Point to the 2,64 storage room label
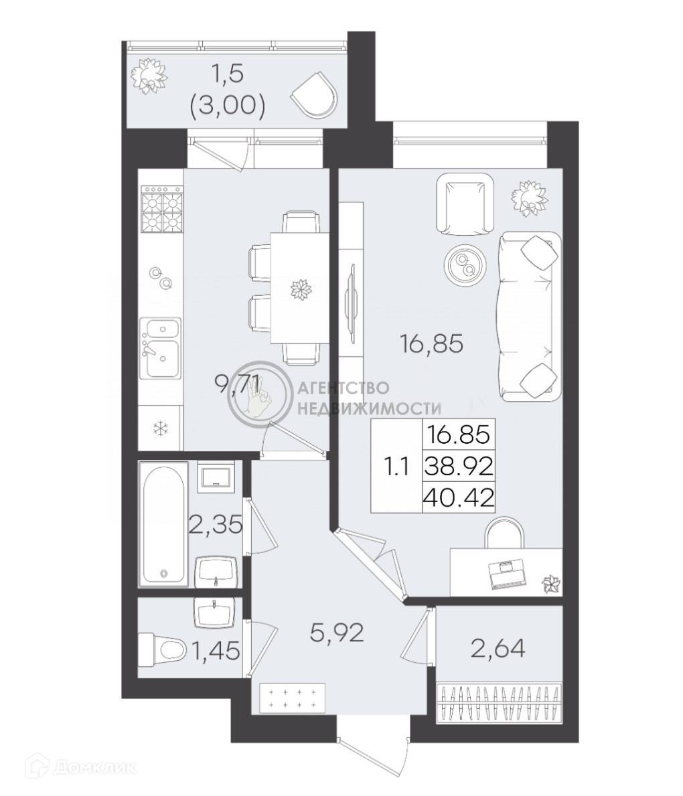pos(498,648)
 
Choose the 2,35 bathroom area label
pos(215,524)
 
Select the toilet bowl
pos(161,649)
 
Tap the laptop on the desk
pos(508,574)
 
